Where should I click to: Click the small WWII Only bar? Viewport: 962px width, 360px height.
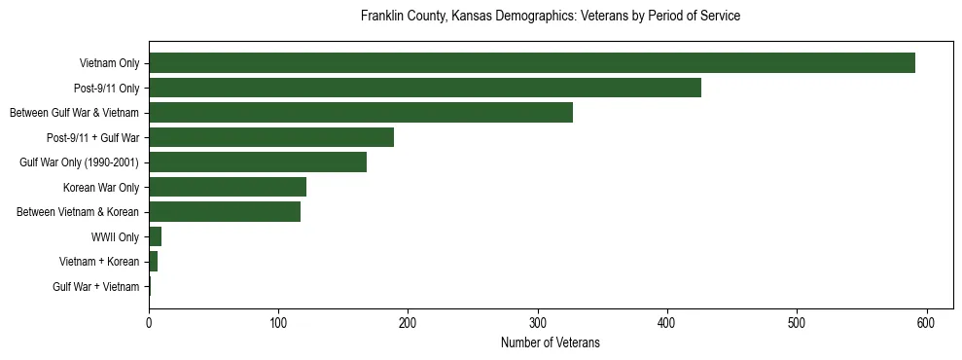(x=155, y=236)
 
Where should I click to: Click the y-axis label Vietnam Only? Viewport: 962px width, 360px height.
(x=109, y=64)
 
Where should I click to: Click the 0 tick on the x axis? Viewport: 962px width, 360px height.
(x=149, y=323)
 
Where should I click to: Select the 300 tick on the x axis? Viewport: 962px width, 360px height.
(x=538, y=323)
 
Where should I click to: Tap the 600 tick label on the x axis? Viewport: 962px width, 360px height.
(x=926, y=323)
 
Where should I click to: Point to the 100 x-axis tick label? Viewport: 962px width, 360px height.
(x=278, y=323)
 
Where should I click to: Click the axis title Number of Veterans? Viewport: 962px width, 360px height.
(x=550, y=343)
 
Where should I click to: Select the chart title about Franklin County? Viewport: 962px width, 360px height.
(x=550, y=17)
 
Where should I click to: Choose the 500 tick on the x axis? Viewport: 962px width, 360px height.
(x=797, y=323)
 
